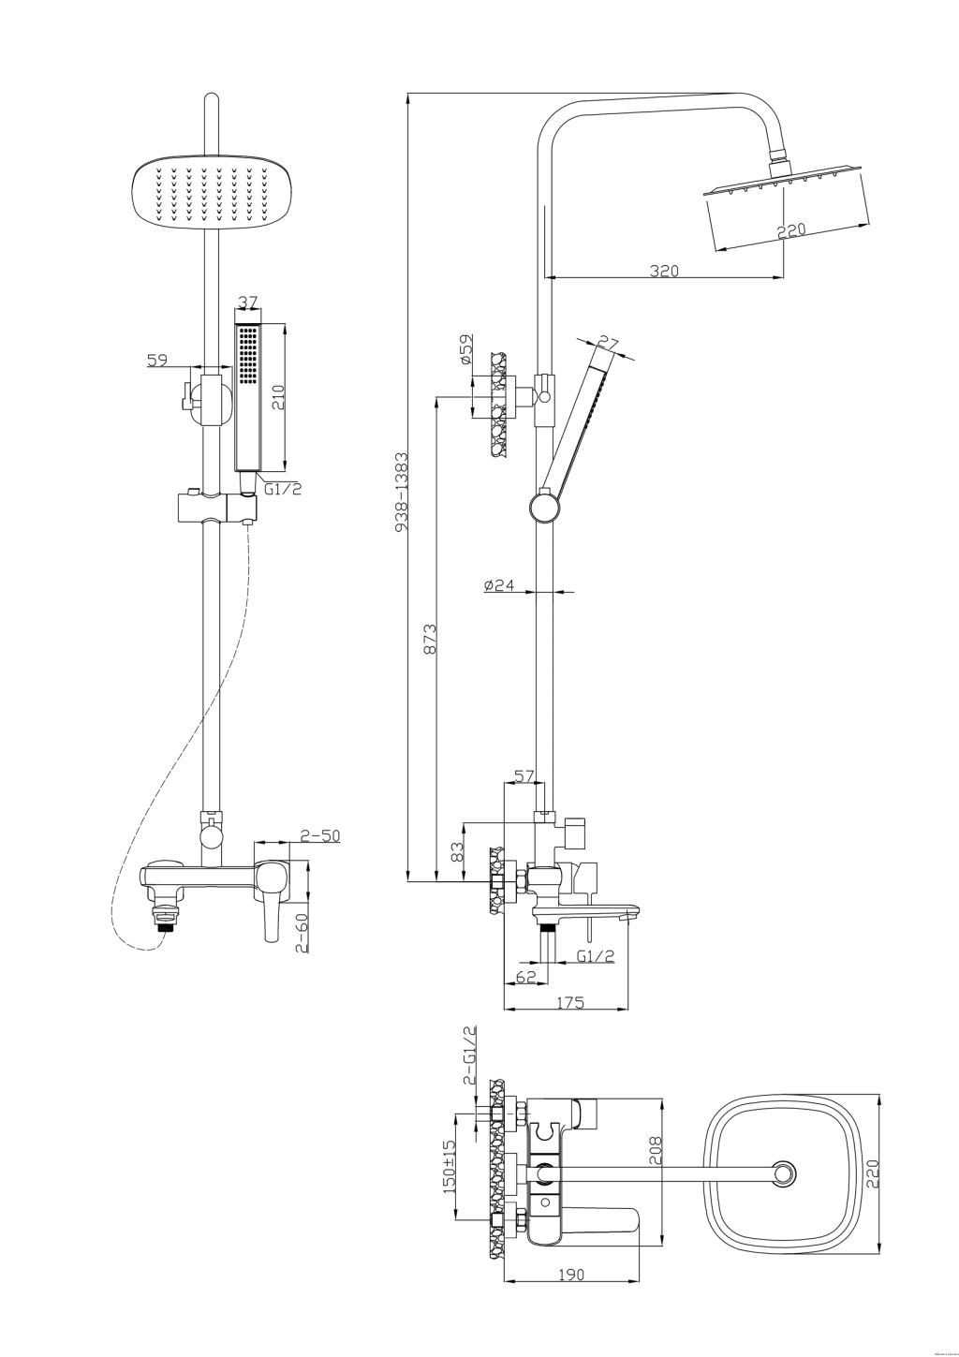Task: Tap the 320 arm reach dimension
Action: (x=664, y=271)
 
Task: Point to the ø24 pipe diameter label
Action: (x=499, y=585)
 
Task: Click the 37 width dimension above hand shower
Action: (x=248, y=302)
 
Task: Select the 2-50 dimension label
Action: (x=319, y=835)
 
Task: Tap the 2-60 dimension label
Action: (x=302, y=935)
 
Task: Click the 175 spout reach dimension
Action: (x=570, y=1002)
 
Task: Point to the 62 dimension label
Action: (x=525, y=978)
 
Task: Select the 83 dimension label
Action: (x=457, y=851)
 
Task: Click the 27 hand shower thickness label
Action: (x=609, y=343)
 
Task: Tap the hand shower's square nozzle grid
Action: (x=247, y=355)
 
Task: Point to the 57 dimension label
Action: (x=524, y=775)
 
